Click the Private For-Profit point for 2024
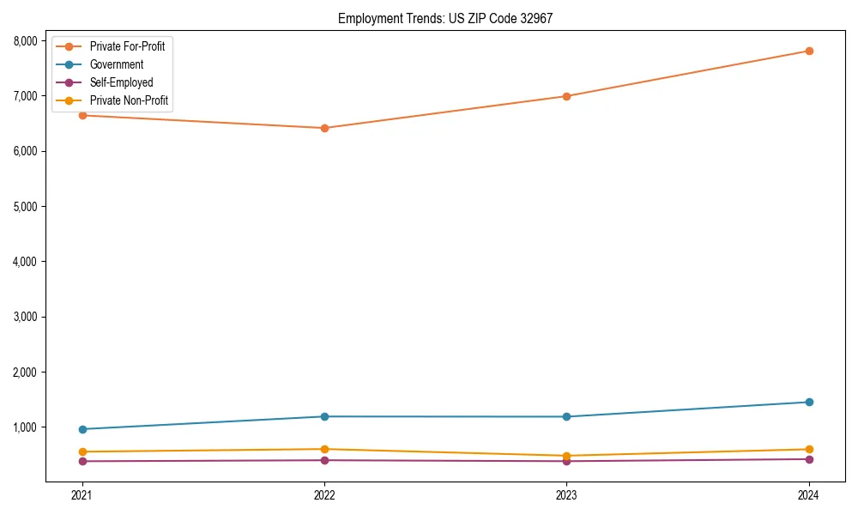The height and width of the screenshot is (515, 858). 809,51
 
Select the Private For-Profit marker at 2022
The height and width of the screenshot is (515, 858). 324,128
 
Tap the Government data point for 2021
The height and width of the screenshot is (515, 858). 82,429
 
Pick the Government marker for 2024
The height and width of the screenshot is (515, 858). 809,402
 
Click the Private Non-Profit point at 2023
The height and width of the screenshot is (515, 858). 566,456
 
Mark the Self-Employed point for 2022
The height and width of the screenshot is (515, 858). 324,460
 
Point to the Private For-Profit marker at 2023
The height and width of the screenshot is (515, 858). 566,96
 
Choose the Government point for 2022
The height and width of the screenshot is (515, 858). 324,416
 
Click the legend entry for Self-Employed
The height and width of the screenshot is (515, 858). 121,82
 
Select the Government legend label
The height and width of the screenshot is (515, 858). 116,64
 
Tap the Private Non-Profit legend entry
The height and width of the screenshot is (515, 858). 129,101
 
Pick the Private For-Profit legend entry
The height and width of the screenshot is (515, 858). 127,45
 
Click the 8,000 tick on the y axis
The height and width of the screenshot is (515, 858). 25,40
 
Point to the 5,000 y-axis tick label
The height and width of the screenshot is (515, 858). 25,206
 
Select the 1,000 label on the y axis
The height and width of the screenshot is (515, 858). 25,427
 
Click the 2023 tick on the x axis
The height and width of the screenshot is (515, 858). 566,494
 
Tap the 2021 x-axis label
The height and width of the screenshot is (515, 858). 82,494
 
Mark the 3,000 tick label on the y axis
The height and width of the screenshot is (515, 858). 25,317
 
